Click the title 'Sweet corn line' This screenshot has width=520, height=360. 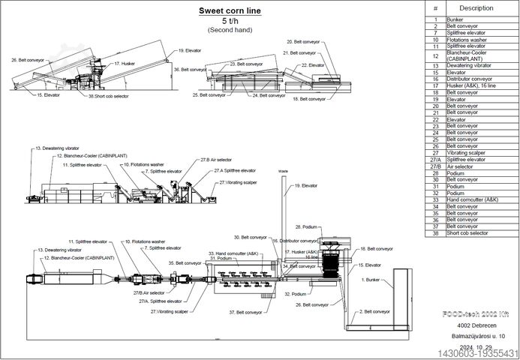(x=230, y=11)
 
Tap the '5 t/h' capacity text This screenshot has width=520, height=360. (x=230, y=22)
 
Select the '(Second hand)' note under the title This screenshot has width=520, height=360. (x=230, y=30)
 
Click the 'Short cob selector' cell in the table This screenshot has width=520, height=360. (x=467, y=233)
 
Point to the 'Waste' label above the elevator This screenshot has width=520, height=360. (x=283, y=172)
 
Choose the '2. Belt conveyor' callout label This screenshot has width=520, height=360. (x=375, y=310)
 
